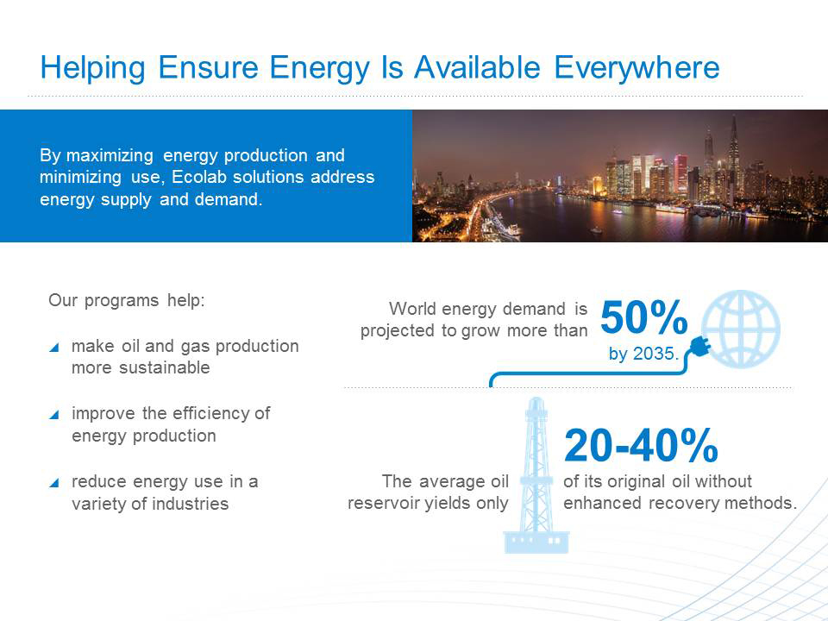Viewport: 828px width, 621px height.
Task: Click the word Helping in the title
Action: (93, 69)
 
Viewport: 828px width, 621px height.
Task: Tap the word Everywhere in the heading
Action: (637, 69)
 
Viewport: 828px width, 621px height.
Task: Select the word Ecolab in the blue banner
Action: (199, 177)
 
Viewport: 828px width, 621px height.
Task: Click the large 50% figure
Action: (643, 318)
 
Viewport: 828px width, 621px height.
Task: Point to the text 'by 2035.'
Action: (643, 354)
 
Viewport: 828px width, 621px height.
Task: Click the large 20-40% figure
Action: (641, 446)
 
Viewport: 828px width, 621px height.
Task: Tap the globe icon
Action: (741, 328)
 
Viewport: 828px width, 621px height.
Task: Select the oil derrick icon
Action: (536, 475)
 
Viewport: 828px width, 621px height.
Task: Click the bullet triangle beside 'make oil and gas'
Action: (53, 347)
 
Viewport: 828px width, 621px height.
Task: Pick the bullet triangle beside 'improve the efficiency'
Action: (53, 415)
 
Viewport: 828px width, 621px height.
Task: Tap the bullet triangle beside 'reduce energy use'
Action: (53, 482)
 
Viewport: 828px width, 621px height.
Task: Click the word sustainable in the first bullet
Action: (165, 367)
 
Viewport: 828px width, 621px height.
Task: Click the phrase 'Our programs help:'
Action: (127, 300)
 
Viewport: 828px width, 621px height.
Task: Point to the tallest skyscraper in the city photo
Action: (733, 154)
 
